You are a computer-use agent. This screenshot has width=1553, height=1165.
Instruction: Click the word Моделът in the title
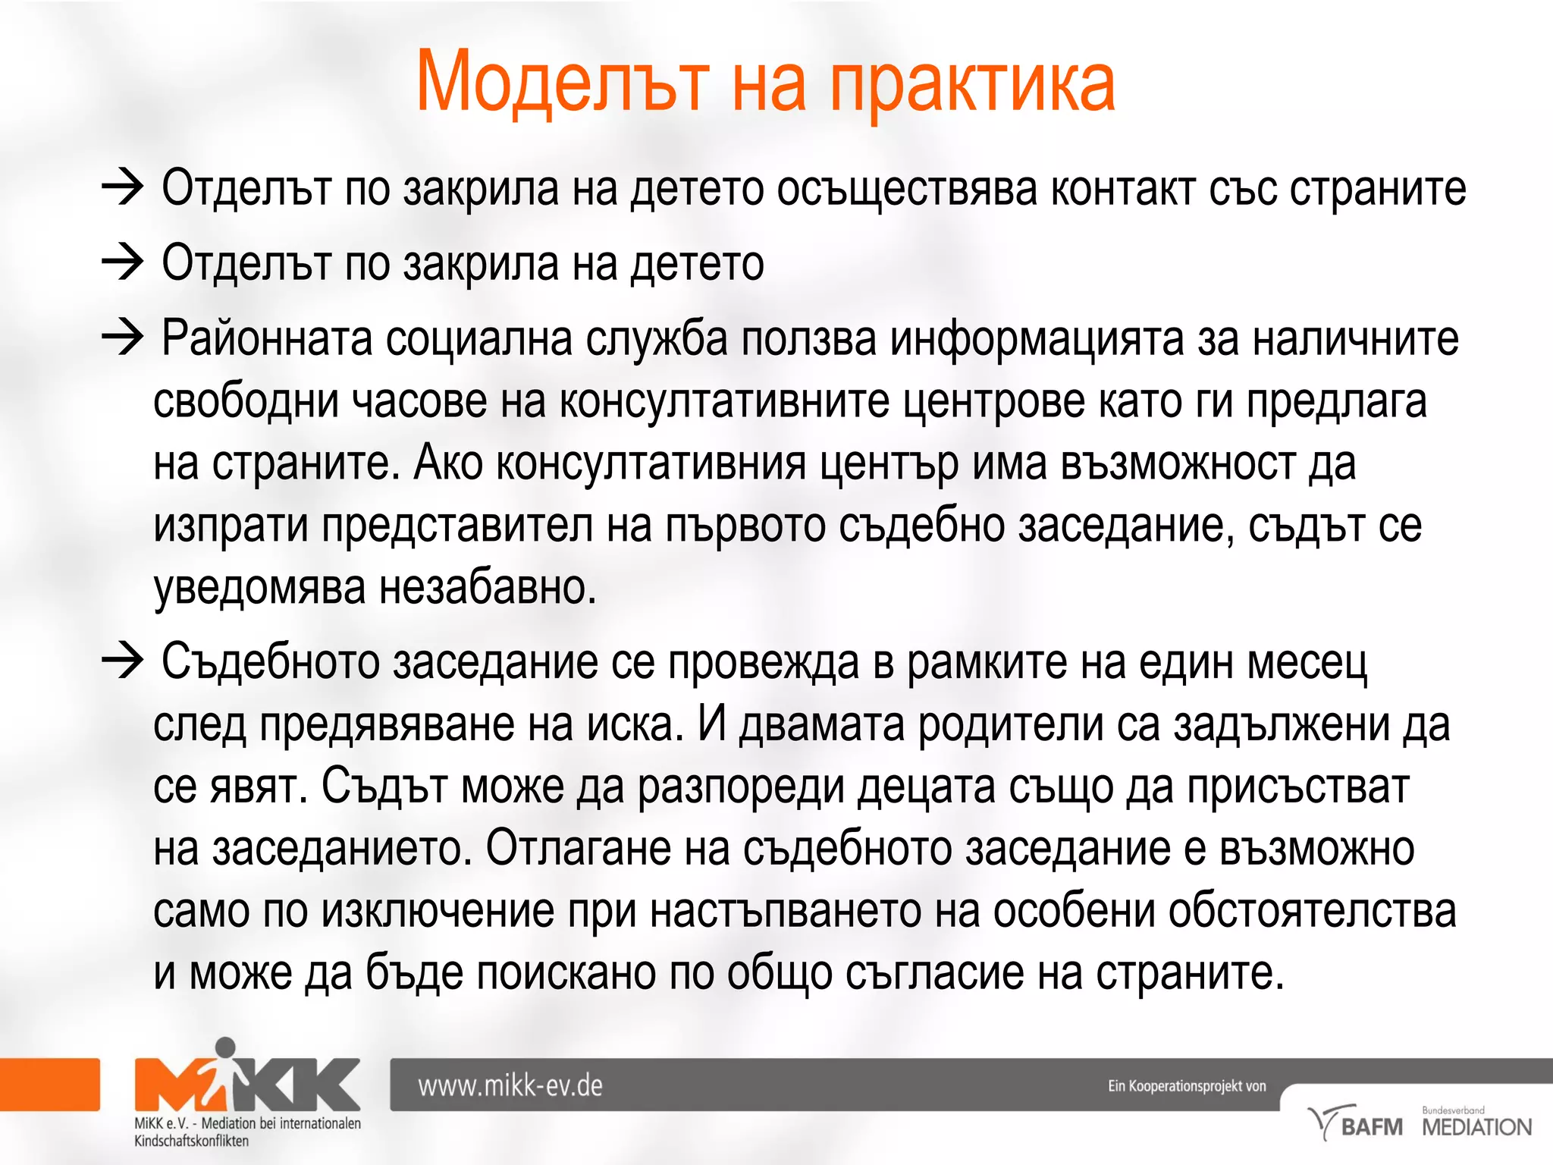563,82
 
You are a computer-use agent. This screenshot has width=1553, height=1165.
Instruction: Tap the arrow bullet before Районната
122,338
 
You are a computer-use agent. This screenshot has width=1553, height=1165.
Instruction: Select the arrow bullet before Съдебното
122,661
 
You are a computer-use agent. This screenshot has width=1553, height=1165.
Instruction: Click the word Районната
267,338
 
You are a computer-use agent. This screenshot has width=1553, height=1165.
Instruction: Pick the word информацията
1037,338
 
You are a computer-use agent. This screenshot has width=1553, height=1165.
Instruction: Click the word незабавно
488,587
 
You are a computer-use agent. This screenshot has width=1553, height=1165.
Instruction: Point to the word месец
1307,662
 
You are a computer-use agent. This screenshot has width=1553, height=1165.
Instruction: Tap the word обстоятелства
1312,910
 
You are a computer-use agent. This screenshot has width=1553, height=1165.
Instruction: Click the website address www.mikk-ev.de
510,1085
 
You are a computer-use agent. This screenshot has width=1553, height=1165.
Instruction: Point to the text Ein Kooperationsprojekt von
1187,1085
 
